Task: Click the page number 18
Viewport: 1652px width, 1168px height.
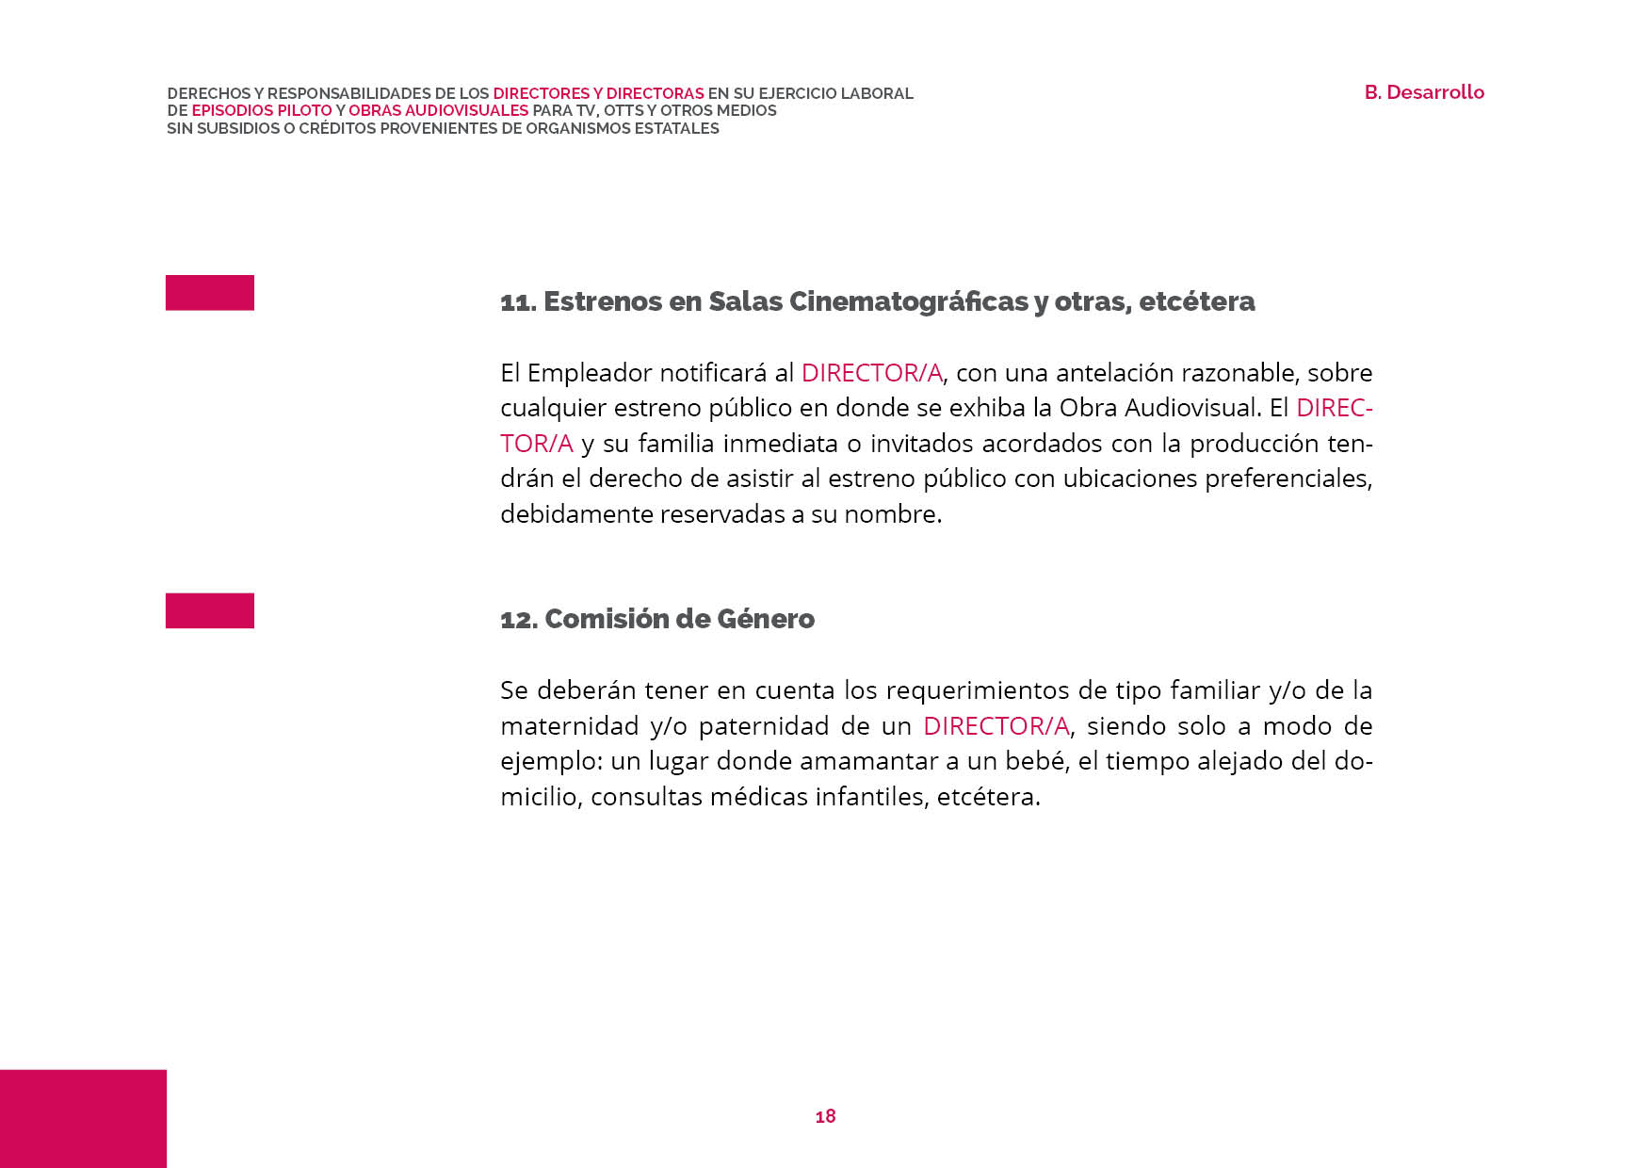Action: coord(825,1116)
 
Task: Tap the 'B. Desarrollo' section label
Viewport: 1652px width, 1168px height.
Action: coord(1424,92)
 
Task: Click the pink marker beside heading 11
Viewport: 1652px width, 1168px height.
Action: coord(210,293)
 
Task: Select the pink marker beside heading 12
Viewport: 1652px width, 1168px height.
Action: coord(210,610)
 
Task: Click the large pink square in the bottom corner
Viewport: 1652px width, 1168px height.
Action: coord(83,1118)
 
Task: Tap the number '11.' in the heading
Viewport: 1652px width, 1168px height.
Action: coord(518,302)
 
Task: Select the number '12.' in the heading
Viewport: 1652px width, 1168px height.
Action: coord(519,620)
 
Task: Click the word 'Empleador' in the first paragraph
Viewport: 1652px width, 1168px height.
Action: coord(590,373)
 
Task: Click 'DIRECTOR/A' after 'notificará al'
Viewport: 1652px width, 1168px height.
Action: coord(871,373)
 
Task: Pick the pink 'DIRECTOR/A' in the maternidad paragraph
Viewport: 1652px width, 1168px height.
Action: coord(996,726)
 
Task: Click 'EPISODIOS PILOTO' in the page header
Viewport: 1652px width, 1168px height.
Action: coord(262,110)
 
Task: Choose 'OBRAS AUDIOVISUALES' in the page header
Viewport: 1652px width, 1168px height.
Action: coord(438,110)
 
